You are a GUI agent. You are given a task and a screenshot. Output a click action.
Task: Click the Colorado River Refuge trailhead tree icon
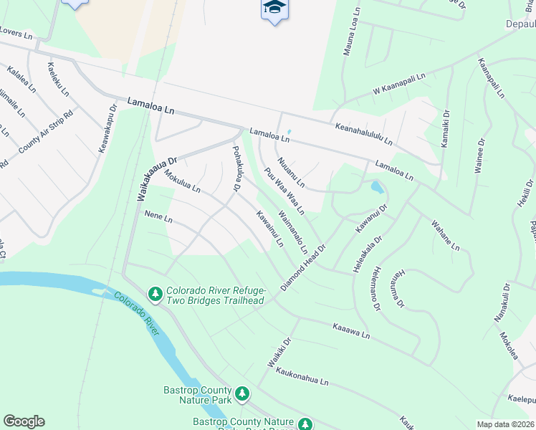point(155,293)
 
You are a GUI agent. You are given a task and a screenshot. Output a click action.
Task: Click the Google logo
point(24,421)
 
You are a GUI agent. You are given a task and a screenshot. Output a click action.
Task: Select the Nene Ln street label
point(158,216)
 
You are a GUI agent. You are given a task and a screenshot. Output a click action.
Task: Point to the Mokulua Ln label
point(181,182)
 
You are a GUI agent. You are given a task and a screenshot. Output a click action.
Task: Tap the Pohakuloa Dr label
point(234,169)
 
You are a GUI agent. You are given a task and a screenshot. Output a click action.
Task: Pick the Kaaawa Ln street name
point(350,330)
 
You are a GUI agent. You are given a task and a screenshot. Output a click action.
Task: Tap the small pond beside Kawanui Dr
point(376,188)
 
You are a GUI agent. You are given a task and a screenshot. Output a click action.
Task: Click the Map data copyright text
point(504,424)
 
